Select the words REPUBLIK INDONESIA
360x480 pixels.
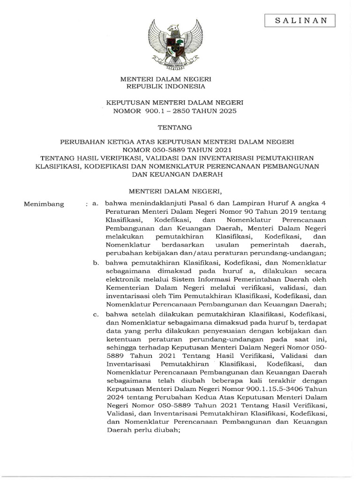[172, 87]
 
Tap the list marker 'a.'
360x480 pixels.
[95, 204]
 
